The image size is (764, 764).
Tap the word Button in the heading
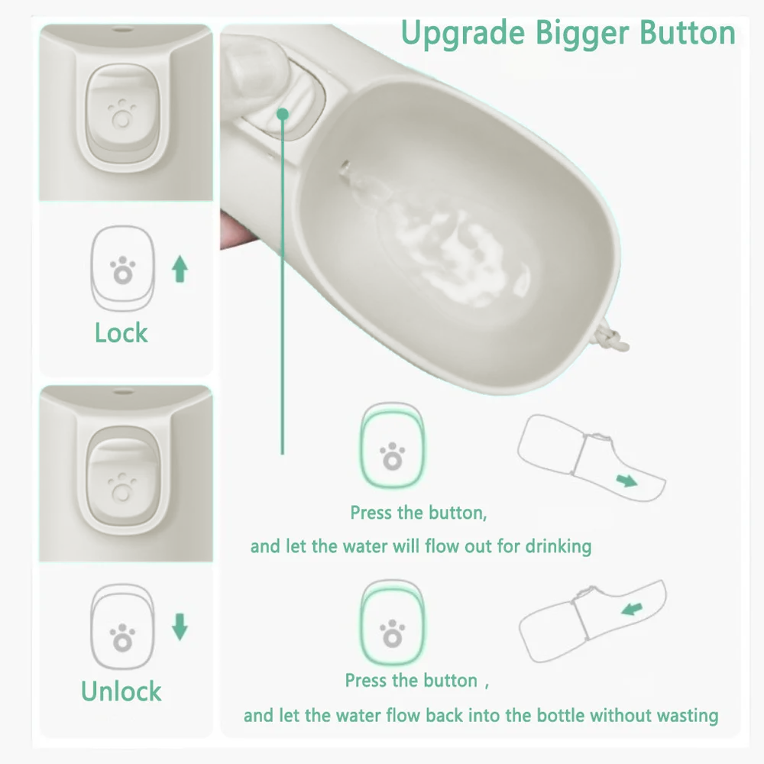[688, 33]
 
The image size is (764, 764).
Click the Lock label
[121, 333]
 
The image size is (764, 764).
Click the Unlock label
[121, 691]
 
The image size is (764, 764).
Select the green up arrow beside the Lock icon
[180, 269]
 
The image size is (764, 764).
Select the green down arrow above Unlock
[180, 627]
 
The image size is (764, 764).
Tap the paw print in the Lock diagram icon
[122, 270]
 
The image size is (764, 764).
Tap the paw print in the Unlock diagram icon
[122, 637]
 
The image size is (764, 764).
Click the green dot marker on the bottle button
[283, 114]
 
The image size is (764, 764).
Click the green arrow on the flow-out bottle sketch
[626, 481]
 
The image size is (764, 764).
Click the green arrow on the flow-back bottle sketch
[632, 609]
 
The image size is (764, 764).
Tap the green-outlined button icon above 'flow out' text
[392, 445]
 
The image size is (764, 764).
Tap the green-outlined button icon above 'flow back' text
[392, 622]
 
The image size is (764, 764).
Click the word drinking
[558, 547]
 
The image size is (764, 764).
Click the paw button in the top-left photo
[122, 112]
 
